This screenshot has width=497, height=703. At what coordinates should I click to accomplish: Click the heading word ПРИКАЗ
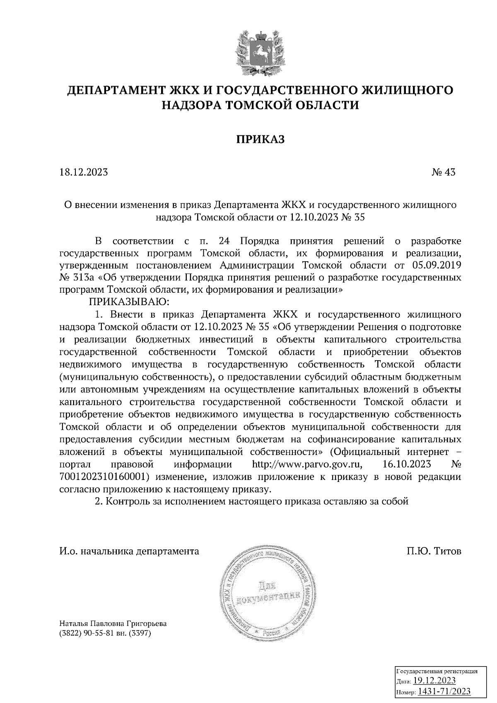[x=260, y=140]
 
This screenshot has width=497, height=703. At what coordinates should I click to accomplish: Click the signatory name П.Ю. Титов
[x=434, y=551]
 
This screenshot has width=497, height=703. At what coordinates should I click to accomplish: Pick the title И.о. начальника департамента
[x=129, y=551]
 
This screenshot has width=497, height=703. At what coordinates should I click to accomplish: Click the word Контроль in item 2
[x=126, y=501]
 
